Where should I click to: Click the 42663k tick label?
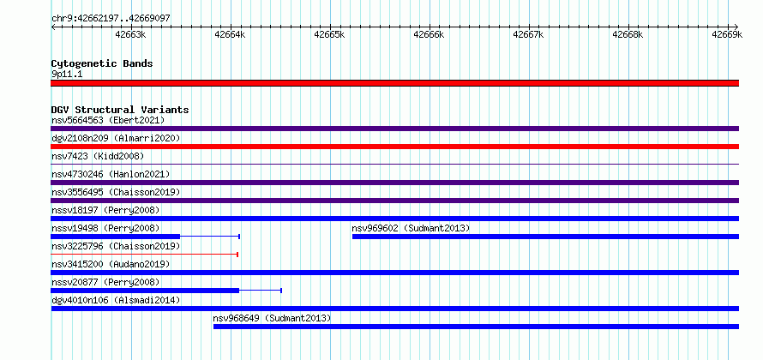coord(131,34)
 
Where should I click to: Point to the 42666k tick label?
coord(429,34)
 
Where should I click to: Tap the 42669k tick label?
coord(727,34)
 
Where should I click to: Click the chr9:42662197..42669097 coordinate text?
coord(111,19)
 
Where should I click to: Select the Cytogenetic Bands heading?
coord(102,63)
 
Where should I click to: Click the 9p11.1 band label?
coord(67,74)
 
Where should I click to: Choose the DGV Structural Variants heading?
coord(120,110)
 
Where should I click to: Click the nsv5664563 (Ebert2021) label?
coord(108,120)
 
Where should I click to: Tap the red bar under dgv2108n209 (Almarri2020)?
coord(394,147)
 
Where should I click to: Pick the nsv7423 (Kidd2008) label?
coord(98,156)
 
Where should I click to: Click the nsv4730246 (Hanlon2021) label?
coord(111,174)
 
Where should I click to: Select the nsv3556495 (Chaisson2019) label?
coord(116,192)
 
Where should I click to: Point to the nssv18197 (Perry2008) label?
coord(105,210)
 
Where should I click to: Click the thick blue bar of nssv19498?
coord(116,237)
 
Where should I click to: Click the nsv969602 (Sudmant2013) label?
coord(411,228)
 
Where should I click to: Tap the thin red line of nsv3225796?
coord(144,255)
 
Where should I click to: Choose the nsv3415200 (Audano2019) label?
coord(111,264)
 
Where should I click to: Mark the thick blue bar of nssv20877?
coord(145,291)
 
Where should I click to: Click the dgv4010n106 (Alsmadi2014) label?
coord(116,300)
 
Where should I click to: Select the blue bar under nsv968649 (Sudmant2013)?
coord(477,327)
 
